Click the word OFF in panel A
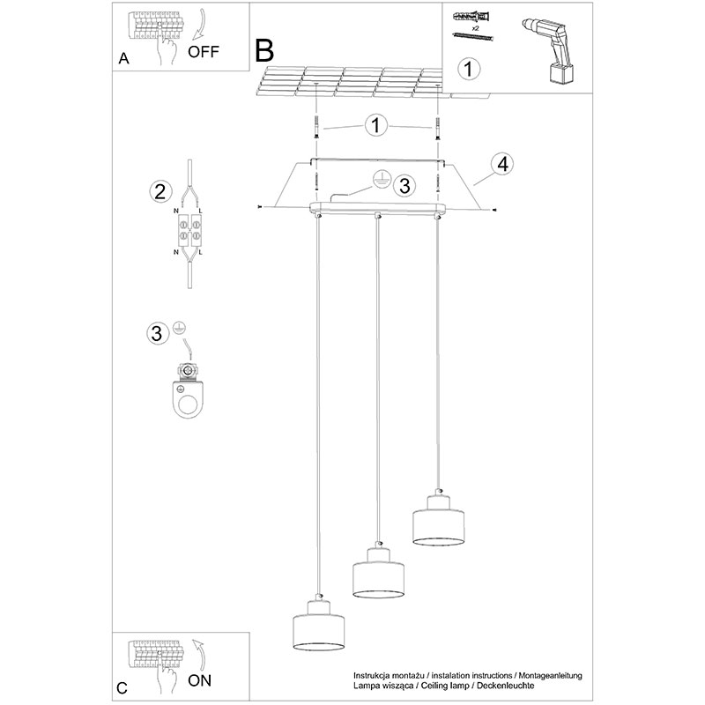(x=204, y=52)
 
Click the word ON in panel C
(x=200, y=680)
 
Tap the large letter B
(x=264, y=50)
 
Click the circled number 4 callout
(x=502, y=164)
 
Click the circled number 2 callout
(x=160, y=191)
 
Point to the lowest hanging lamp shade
(x=319, y=626)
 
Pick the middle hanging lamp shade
(x=379, y=574)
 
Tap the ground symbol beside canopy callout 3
(x=381, y=179)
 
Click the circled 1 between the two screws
(x=376, y=125)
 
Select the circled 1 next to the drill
(x=469, y=70)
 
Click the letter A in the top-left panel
(x=123, y=58)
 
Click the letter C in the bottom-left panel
(x=122, y=688)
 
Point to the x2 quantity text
(x=475, y=28)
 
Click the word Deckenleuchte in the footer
(x=505, y=686)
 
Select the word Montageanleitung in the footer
(x=550, y=676)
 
